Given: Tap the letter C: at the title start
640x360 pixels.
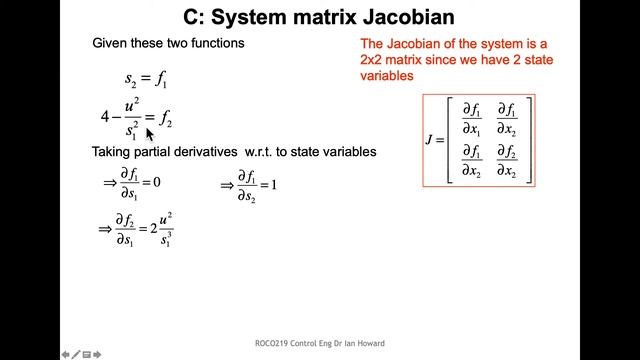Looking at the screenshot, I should tap(197, 17).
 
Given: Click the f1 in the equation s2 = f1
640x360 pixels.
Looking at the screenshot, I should tap(160, 78).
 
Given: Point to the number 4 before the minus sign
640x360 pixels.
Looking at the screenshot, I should tap(105, 117).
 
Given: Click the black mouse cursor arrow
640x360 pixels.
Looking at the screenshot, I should tap(150, 135).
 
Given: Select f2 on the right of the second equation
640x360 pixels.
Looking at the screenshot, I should tap(166, 119).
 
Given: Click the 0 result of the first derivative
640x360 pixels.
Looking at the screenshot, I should tap(157, 183).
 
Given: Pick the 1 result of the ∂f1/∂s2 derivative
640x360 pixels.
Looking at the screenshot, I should tap(273, 185).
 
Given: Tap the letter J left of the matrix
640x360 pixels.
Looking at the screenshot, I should tap(428, 140).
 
